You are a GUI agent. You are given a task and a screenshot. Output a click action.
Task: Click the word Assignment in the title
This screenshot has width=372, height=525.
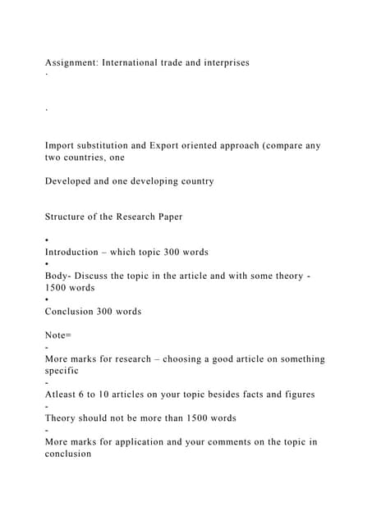[71, 62]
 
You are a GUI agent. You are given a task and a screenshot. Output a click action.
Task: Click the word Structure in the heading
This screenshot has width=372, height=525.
[67, 217]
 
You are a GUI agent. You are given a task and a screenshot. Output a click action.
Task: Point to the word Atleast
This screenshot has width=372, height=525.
[63, 395]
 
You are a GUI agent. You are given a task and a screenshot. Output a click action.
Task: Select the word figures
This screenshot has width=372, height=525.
[296, 395]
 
